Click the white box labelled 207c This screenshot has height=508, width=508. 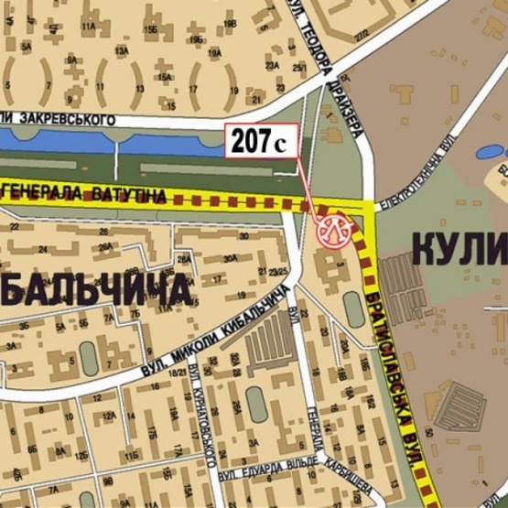coord(262,141)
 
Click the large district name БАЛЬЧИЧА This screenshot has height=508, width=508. coord(96,290)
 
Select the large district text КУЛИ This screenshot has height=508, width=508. coord(458,247)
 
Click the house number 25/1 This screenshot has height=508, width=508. coord(298,68)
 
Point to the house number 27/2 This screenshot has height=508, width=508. coord(347,35)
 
